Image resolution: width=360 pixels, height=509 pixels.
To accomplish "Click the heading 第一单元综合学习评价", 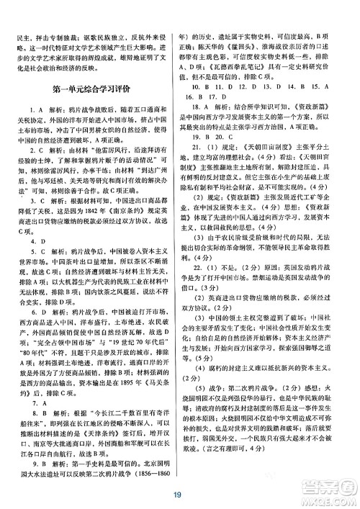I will point(93,91).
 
